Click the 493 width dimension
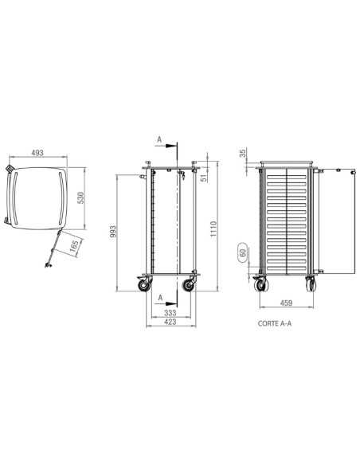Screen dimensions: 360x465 pyautogui.click(x=37, y=153)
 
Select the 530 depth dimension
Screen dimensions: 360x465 pyautogui.click(x=80, y=197)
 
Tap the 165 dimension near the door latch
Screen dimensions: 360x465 pyautogui.click(x=74, y=246)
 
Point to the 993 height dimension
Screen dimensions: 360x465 pyautogui.click(x=113, y=232)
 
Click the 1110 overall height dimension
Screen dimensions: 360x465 pyautogui.click(x=213, y=229)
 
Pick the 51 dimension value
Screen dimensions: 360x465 pyautogui.click(x=204, y=178)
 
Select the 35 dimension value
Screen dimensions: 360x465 pyautogui.click(x=243, y=154)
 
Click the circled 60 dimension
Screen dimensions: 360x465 pyautogui.click(x=243, y=252)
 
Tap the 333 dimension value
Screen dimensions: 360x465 pyautogui.click(x=170, y=313)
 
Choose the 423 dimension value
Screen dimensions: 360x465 pyautogui.click(x=170, y=322)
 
